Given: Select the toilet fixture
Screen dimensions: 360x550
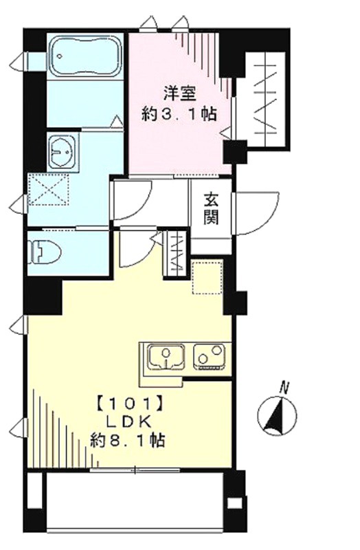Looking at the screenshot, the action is tap(45, 252).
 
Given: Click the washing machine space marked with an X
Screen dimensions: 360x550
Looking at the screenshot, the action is tap(47, 190).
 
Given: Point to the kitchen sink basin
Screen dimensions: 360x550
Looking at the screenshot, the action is tap(166, 356).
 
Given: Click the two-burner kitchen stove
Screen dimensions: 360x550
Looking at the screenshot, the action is tap(210, 356).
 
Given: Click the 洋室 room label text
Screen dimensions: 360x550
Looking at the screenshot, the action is tap(179, 93).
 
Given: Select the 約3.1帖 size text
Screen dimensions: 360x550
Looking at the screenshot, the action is tap(179, 114).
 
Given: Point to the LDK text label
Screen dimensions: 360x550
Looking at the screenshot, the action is tap(128, 421).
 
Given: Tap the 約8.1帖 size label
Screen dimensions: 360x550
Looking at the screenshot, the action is tap(128, 439).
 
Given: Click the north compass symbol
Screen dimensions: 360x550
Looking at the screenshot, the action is tap(277, 416).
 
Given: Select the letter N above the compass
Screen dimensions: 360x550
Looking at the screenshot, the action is tap(284, 388).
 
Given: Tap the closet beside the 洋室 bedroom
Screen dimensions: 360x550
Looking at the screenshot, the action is tap(268, 100).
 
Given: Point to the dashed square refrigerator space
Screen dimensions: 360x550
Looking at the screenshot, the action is tap(207, 276).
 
